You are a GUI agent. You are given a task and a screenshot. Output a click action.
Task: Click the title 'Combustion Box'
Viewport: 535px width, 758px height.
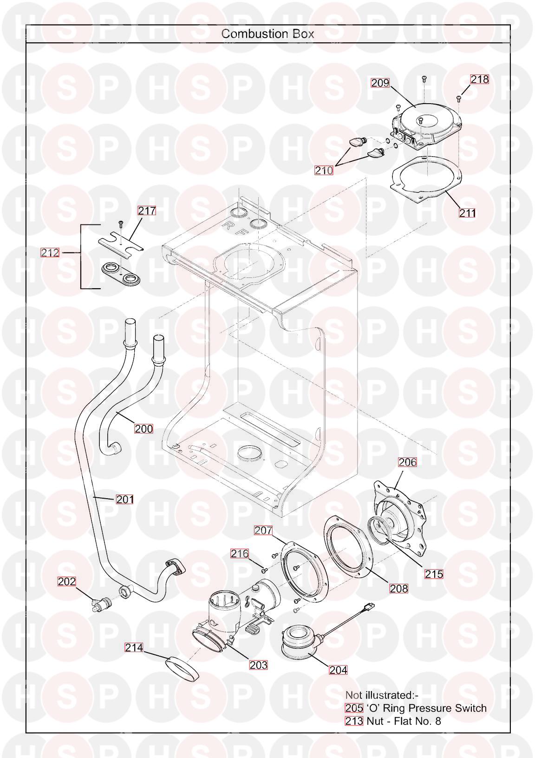267,34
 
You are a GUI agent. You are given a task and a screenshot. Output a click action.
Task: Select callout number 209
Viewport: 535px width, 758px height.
380,83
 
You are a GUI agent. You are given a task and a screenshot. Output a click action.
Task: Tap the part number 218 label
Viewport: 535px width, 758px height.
480,79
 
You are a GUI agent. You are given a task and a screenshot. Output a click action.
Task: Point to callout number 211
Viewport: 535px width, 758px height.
468,213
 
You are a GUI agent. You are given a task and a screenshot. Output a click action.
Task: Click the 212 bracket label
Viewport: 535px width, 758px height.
50,253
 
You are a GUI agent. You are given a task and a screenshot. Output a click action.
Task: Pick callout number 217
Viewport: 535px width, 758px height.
147,211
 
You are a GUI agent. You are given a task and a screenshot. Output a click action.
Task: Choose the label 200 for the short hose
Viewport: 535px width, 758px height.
144,428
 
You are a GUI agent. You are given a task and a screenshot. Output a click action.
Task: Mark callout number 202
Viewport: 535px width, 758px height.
66,581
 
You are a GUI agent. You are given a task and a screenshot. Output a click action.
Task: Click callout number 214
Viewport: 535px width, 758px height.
134,647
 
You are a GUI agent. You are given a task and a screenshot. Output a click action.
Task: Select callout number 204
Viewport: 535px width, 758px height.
338,670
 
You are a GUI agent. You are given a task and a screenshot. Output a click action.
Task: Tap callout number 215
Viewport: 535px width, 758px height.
434,574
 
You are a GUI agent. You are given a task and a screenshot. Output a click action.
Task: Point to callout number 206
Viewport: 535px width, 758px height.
407,462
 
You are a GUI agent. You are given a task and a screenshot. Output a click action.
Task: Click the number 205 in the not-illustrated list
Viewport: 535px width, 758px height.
353,708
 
